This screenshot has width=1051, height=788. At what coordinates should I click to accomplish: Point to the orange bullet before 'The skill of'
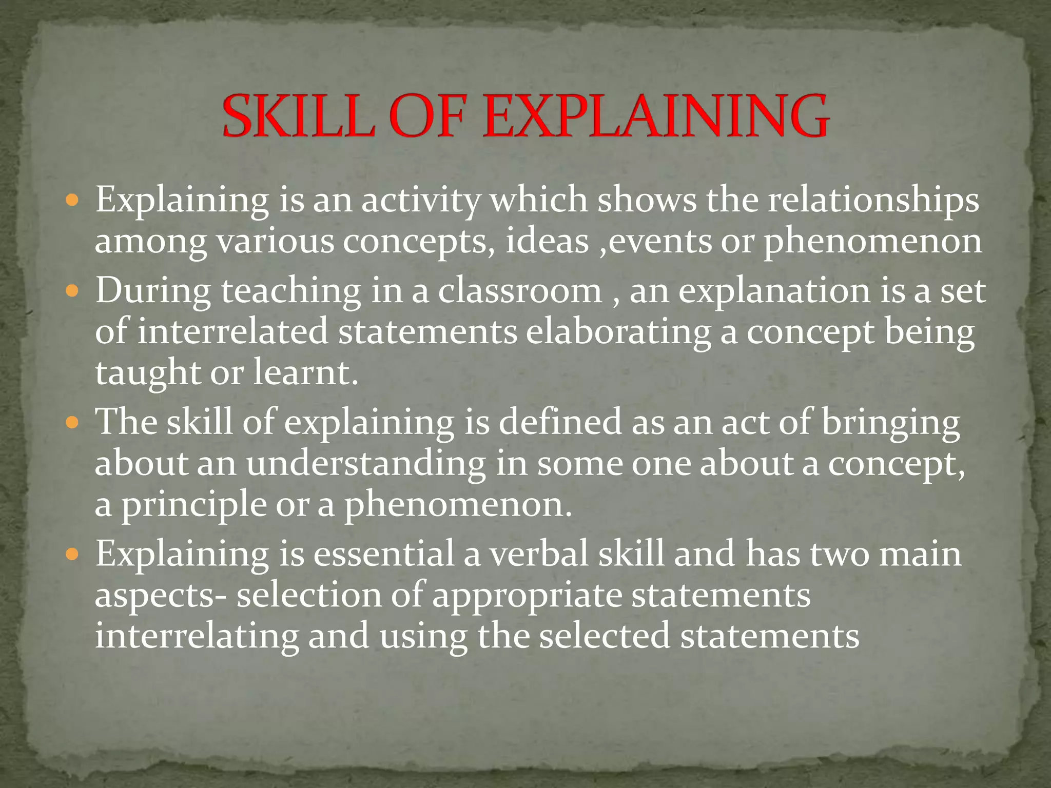pyautogui.click(x=73, y=423)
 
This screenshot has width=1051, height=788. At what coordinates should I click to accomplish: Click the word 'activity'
pyautogui.click(x=421, y=200)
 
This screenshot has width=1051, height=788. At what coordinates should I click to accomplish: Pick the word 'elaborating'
pyautogui.click(x=618, y=332)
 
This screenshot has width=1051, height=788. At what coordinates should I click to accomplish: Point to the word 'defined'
pyautogui.click(x=560, y=423)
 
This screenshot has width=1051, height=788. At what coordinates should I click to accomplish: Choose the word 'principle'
pyautogui.click(x=193, y=505)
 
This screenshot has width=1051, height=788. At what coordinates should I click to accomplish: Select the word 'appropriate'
pyautogui.click(x=527, y=595)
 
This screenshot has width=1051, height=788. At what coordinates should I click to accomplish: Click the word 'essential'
pyautogui.click(x=384, y=554)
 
